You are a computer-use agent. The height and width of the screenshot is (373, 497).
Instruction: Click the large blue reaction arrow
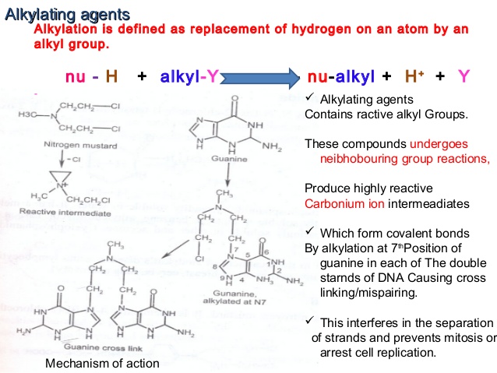tap(261, 78)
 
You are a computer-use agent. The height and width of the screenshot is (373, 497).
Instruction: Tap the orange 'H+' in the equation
tap(414, 76)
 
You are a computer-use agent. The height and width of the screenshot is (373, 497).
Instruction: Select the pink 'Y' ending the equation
tap(464, 76)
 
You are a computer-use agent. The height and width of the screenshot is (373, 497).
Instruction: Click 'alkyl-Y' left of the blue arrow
tap(190, 77)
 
